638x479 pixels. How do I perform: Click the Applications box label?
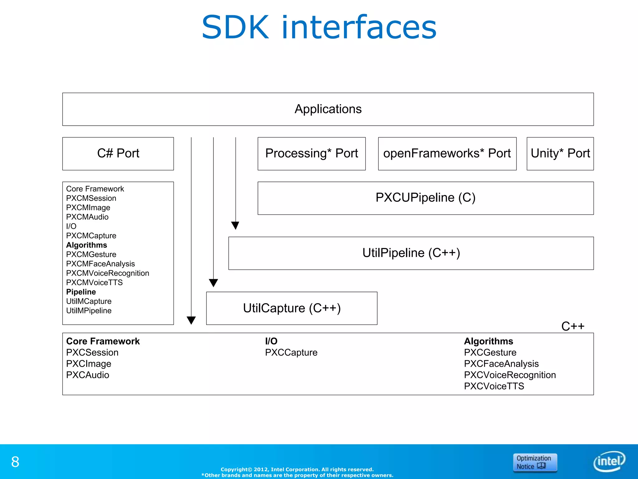(328, 109)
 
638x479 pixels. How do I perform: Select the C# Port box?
(118, 153)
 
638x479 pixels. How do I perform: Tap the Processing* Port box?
(312, 153)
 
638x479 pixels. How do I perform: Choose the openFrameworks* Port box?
(447, 153)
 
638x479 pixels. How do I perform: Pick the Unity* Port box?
(560, 153)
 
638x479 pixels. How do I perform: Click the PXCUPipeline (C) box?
(426, 198)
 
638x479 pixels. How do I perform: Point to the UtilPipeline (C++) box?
(411, 253)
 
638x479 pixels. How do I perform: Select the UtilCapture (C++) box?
(292, 308)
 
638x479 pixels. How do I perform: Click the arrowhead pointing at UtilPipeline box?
(235, 225)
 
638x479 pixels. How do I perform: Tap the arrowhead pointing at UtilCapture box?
(213, 283)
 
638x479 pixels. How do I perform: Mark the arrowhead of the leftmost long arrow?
(191, 320)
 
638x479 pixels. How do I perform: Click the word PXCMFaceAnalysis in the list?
(100, 264)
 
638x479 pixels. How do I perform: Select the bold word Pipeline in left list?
(81, 292)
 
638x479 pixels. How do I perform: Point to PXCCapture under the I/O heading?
(291, 352)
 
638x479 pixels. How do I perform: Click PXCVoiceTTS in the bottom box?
(494, 386)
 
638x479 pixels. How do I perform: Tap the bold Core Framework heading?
(103, 341)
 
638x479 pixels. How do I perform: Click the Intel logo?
(609, 461)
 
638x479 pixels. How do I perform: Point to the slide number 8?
(15, 462)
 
